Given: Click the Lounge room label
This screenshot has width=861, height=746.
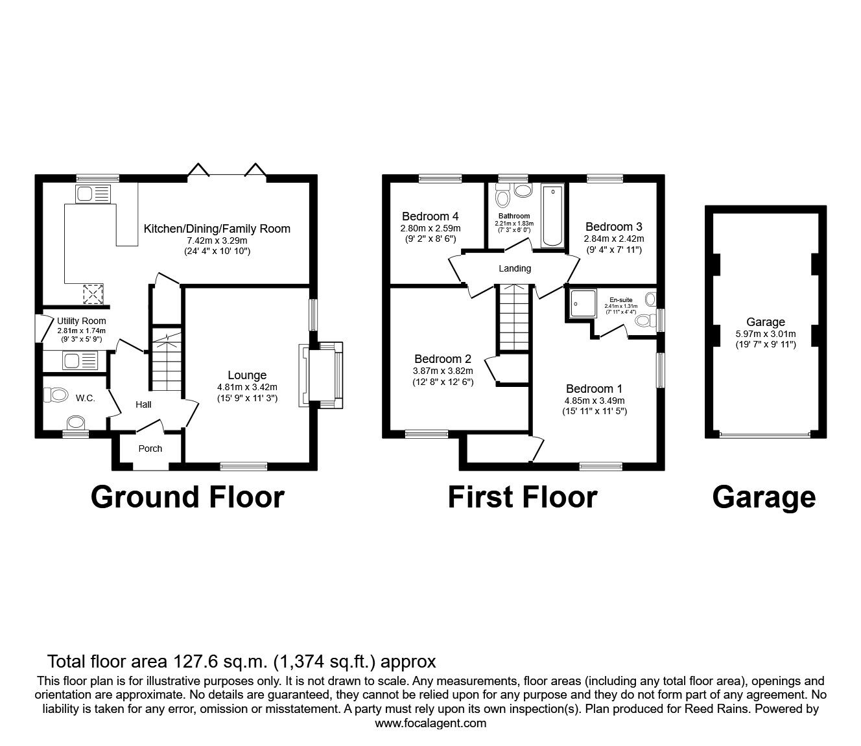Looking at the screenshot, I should pos(246,375).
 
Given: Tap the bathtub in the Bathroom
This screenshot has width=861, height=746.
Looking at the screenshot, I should pos(553,216).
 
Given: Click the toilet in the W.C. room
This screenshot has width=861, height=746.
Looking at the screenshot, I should pos(56,394).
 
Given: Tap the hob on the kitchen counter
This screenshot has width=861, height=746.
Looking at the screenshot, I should pos(93,295).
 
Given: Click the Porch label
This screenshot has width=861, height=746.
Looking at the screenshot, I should pos(150,449).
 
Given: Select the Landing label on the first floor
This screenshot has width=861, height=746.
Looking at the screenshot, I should pos(515,268).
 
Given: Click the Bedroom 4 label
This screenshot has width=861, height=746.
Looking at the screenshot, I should pos(430,216).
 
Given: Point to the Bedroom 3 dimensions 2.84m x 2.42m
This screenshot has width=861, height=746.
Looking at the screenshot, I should pos(614,239).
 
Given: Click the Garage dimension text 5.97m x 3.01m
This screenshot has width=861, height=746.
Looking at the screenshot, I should pos(765,334).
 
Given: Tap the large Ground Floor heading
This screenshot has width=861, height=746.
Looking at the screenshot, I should pos(187,497).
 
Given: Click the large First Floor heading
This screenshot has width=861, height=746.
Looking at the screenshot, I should pos(522,497).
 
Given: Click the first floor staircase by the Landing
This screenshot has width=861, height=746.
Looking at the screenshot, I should pos(513,318).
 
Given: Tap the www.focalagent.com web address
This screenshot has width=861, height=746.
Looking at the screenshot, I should pos(430,723).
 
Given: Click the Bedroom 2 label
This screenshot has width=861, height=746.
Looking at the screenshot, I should pos(443,359).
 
